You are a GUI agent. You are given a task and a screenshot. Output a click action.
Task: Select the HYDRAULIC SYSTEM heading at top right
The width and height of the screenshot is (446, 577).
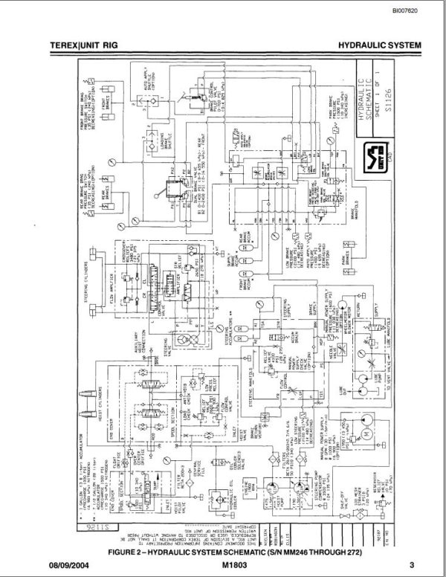tap(380, 45)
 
